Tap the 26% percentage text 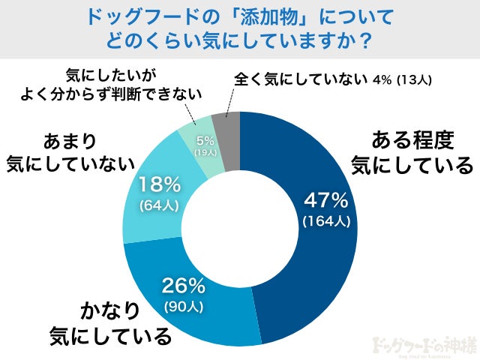click(x=184, y=286)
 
